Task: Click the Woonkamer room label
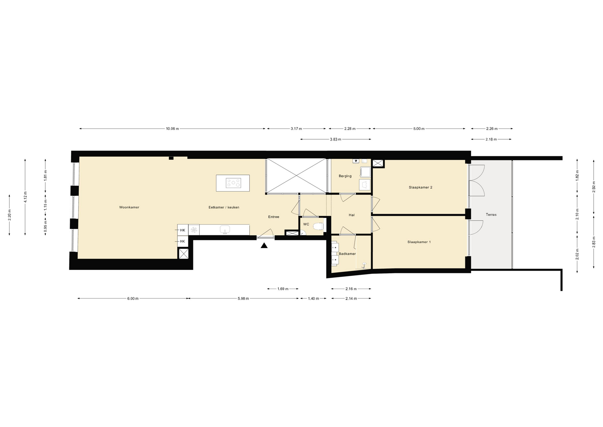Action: pyautogui.click(x=129, y=207)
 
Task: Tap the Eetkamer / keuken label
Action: pyautogui.click(x=224, y=207)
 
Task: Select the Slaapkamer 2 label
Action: pyautogui.click(x=421, y=187)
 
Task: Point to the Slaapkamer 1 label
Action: pyautogui.click(x=419, y=242)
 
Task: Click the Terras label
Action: pyautogui.click(x=491, y=215)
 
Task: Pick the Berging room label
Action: pyautogui.click(x=345, y=176)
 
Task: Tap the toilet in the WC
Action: pyautogui.click(x=318, y=226)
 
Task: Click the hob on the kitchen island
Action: pyautogui.click(x=234, y=183)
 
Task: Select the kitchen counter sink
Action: pyautogui.click(x=225, y=230)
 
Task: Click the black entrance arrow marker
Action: pyautogui.click(x=264, y=246)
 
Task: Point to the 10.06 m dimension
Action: pyautogui.click(x=172, y=129)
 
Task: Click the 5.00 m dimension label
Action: pyautogui.click(x=419, y=129)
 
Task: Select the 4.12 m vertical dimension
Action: pyautogui.click(x=25, y=197)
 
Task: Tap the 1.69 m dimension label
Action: pyautogui.click(x=283, y=289)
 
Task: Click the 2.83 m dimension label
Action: pyautogui.click(x=594, y=242)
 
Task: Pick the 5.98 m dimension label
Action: pyautogui.click(x=243, y=298)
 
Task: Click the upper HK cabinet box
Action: pyautogui.click(x=183, y=230)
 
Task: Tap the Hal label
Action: pyautogui.click(x=352, y=215)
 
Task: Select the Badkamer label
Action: pyautogui.click(x=347, y=254)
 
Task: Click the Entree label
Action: pyautogui.click(x=274, y=217)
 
